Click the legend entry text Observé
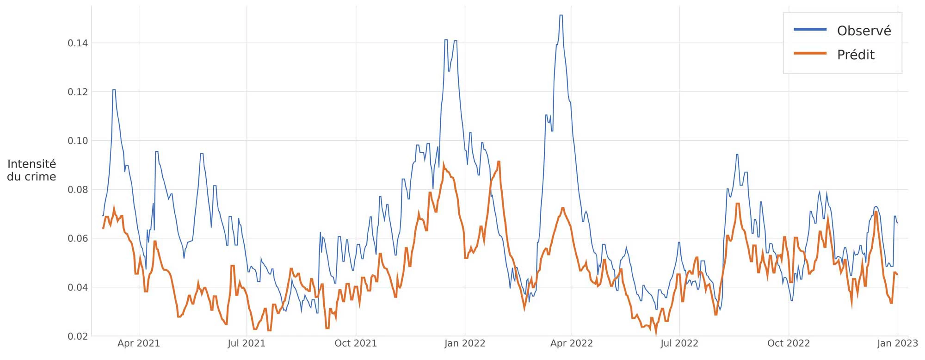pyautogui.click(x=863, y=31)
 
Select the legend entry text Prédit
pyautogui.click(x=856, y=55)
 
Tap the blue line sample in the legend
pyautogui.click(x=810, y=30)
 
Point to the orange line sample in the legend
pyautogui.click(x=810, y=54)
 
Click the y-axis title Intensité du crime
pyautogui.click(x=31, y=170)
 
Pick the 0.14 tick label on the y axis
pyautogui.click(x=78, y=43)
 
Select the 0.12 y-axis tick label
pyautogui.click(x=78, y=92)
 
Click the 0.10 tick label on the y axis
pyautogui.click(x=78, y=141)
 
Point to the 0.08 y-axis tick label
pyautogui.click(x=78, y=190)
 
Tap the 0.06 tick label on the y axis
pyautogui.click(x=78, y=239)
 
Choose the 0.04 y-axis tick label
pyautogui.click(x=78, y=288)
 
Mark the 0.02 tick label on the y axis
pyautogui.click(x=78, y=336)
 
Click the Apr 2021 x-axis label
pyautogui.click(x=138, y=343)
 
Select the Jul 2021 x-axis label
pyautogui.click(x=247, y=343)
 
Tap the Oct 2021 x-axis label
pyautogui.click(x=356, y=343)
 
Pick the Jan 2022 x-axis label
pyautogui.click(x=465, y=343)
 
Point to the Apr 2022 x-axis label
pyautogui.click(x=572, y=343)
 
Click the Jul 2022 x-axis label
pyautogui.click(x=679, y=343)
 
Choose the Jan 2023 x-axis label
pyautogui.click(x=897, y=343)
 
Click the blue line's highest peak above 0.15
pyautogui.click(x=561, y=15)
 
